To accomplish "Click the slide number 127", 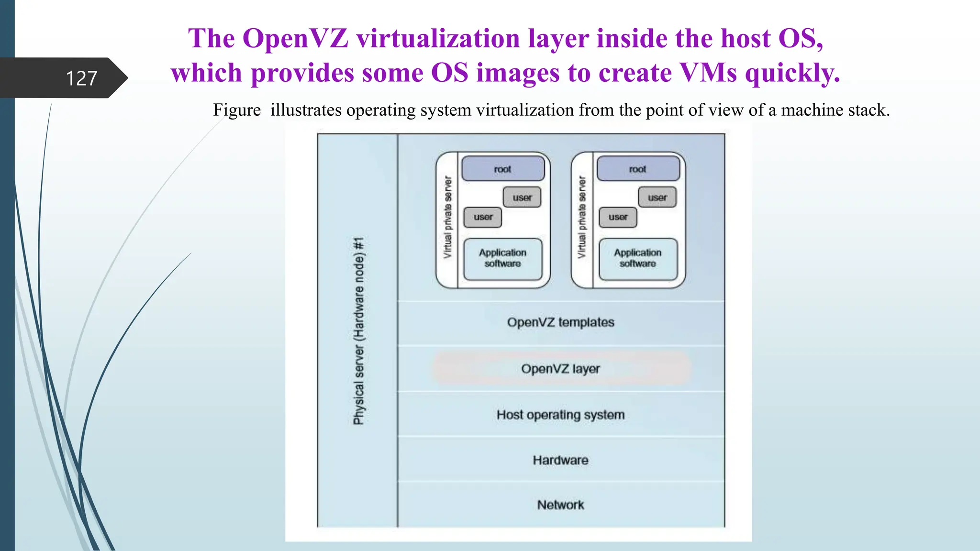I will click(x=81, y=78).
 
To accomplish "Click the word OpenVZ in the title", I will click(x=295, y=38).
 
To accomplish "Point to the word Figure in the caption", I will click(x=237, y=110).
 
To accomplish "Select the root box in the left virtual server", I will click(x=502, y=169).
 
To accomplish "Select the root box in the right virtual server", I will click(x=638, y=169).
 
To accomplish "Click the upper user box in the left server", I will click(x=522, y=198).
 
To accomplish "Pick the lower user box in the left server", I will click(x=483, y=217).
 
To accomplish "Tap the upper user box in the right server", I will click(x=657, y=198).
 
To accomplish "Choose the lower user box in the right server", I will click(x=618, y=217).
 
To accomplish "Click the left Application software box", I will click(x=502, y=258).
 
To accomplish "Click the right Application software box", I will click(x=638, y=258).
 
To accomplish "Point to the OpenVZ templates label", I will click(x=560, y=322).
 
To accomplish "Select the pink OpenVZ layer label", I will click(x=560, y=369).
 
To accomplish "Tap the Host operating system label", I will click(x=560, y=415).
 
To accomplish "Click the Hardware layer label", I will click(x=560, y=460).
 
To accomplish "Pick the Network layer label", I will click(x=560, y=505).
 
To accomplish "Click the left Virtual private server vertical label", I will click(x=447, y=218).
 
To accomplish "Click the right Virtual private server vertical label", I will click(x=582, y=218).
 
